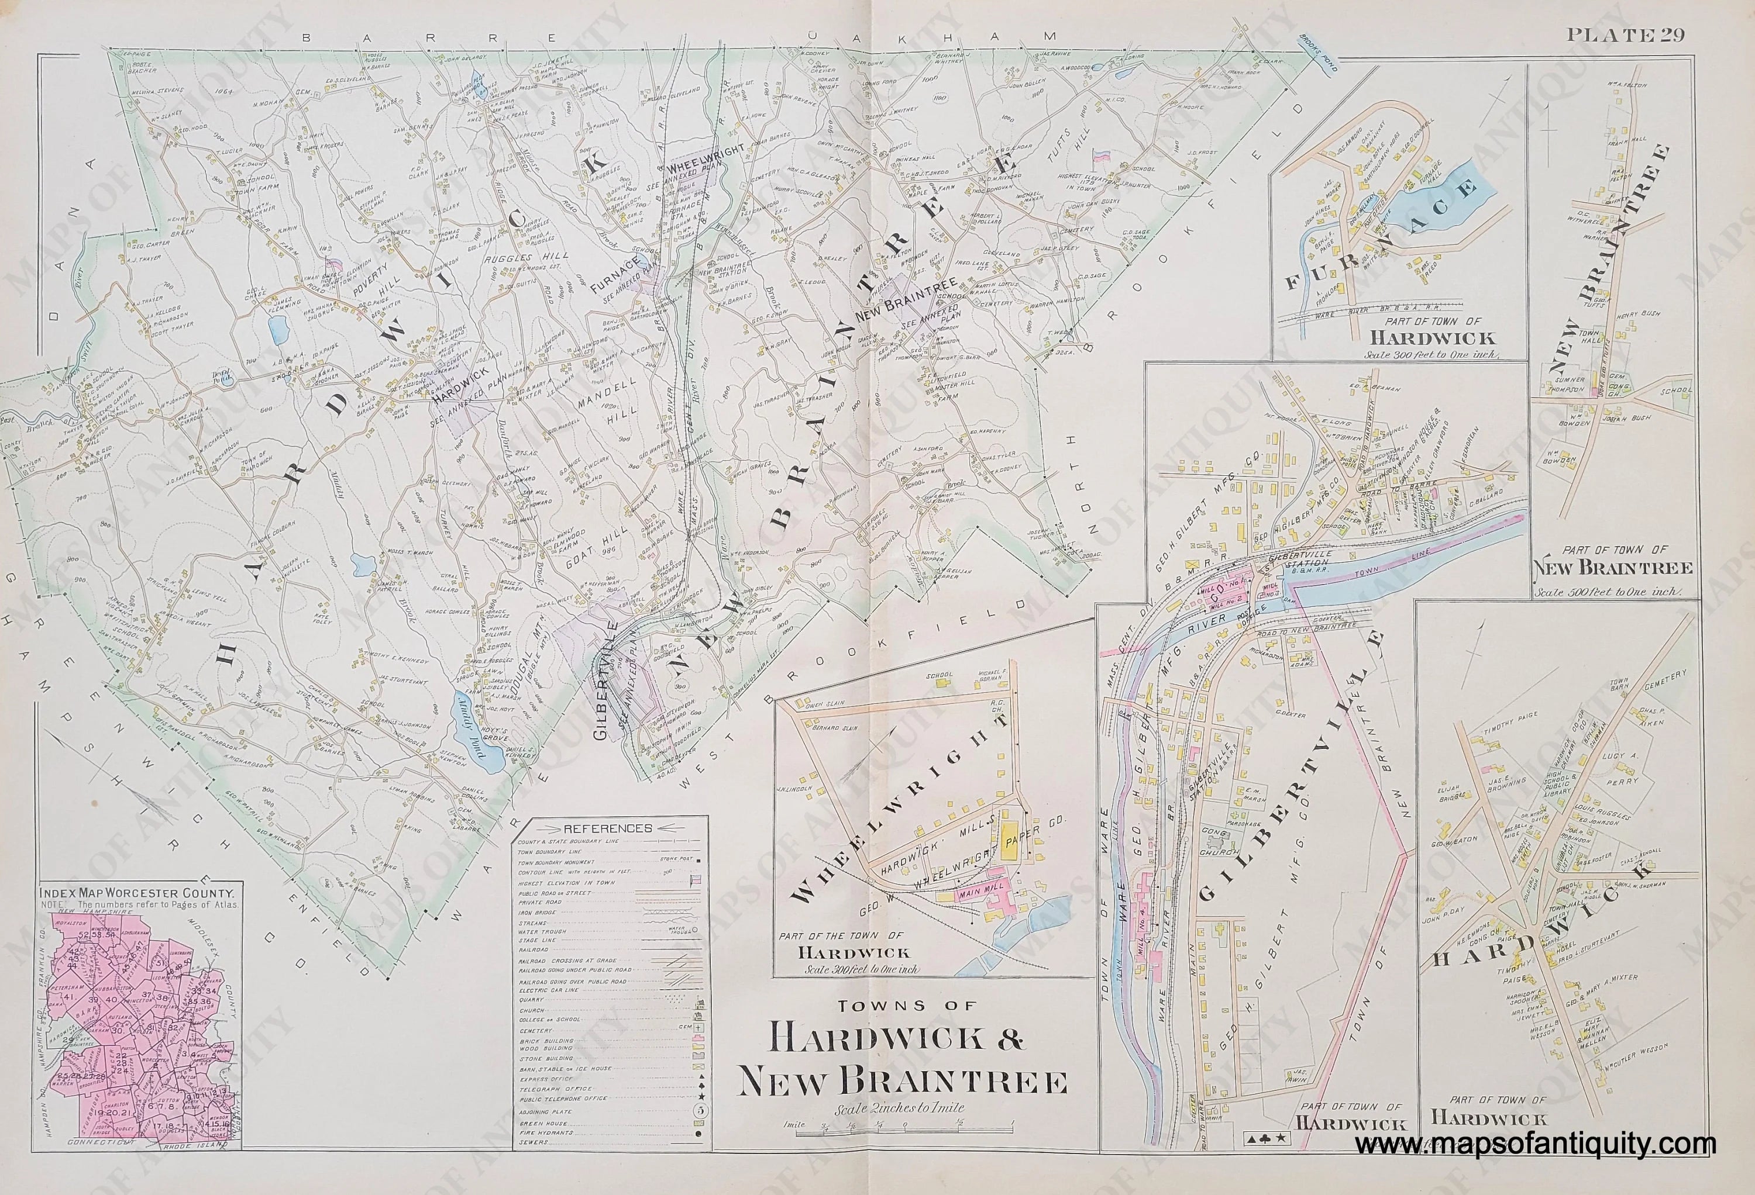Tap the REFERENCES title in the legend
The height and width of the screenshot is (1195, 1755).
[612, 827]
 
